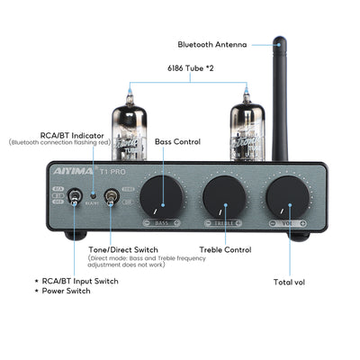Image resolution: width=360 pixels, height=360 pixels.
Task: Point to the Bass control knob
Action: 161,196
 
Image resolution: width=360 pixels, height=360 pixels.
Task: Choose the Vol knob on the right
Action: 288,196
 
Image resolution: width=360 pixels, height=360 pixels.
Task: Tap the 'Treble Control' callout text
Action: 224,249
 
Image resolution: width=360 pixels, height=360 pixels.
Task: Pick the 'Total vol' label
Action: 291,282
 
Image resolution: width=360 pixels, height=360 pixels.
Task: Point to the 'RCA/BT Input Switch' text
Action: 76,281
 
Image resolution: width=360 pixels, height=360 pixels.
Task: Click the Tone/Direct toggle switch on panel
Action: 112,198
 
